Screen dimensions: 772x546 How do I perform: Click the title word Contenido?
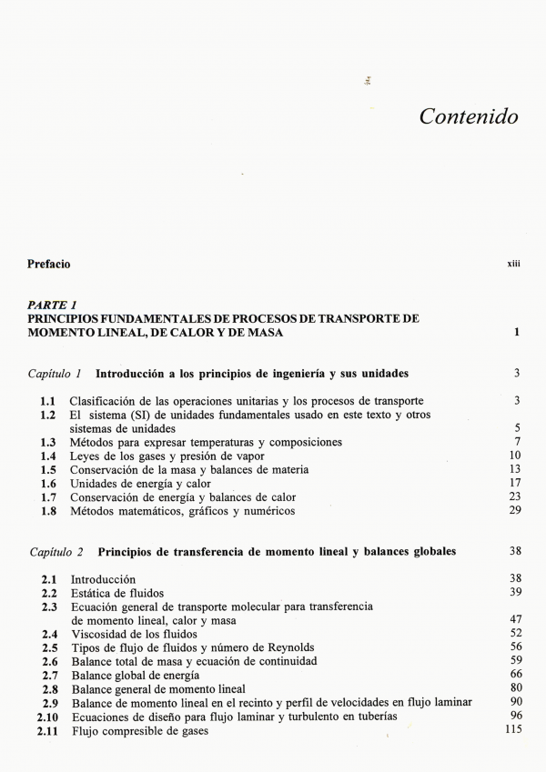469,116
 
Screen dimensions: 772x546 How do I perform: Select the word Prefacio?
48,265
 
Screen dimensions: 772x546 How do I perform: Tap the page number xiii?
513,265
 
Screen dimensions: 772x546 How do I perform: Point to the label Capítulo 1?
56,374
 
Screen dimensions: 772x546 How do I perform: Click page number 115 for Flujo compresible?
511,730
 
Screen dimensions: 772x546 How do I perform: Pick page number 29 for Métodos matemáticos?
514,510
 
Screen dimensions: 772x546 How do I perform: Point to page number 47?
514,619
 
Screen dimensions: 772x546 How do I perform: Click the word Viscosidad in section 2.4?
98,634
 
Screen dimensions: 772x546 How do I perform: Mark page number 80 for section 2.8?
514,688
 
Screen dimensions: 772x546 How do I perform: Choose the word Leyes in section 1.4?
86,456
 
